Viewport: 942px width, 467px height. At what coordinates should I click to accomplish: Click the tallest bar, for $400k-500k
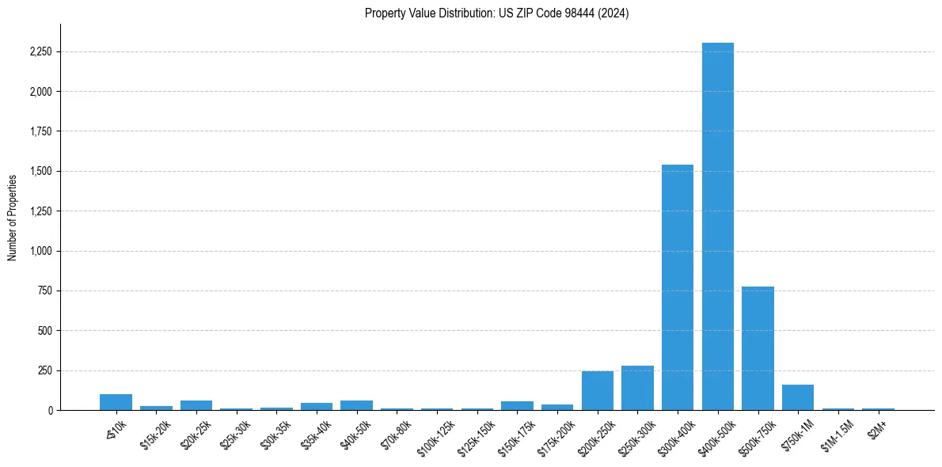click(x=717, y=226)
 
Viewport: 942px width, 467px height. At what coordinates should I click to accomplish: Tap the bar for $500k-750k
click(x=758, y=348)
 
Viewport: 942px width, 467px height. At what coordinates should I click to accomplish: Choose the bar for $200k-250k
click(x=598, y=390)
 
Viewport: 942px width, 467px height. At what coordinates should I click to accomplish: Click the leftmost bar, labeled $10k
click(x=116, y=402)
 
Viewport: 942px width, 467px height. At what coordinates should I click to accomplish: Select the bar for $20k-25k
click(x=196, y=405)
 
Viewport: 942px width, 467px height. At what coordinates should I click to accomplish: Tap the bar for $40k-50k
click(x=356, y=405)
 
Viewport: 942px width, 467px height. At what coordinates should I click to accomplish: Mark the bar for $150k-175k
click(x=517, y=406)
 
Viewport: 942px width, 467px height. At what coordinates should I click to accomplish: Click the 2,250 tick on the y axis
click(x=39, y=52)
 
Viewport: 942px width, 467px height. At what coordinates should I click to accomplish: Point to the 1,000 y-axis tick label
click(x=39, y=251)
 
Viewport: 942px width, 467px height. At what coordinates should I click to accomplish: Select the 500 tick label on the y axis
click(x=44, y=331)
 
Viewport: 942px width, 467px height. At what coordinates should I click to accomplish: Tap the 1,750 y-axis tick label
click(x=39, y=131)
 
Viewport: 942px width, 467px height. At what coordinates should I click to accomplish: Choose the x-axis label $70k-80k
click(x=397, y=432)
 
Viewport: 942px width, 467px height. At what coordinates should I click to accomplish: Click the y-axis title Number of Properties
click(x=13, y=217)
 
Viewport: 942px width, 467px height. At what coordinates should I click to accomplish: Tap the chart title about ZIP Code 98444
click(x=496, y=13)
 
